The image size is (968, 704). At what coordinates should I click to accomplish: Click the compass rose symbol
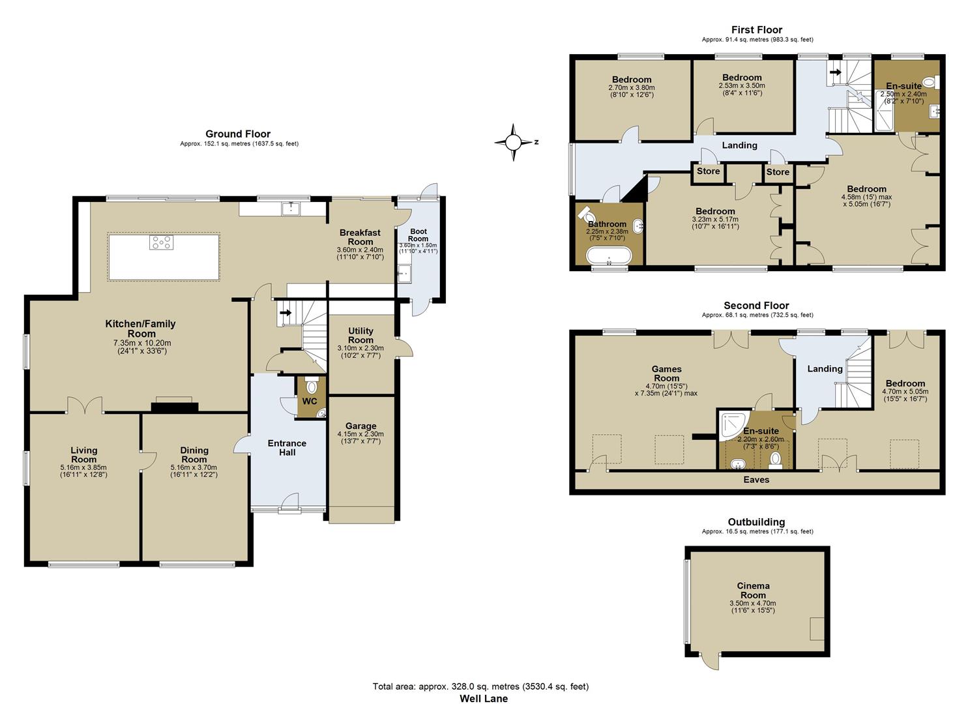coord(514,141)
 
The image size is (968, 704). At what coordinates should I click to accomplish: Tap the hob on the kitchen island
coord(162,242)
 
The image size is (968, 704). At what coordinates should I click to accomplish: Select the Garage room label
coord(360,426)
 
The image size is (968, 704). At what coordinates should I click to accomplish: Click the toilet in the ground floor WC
coord(311,387)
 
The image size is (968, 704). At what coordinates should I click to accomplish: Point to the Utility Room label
coord(360,335)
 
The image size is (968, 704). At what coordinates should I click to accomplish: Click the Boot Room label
coord(418,235)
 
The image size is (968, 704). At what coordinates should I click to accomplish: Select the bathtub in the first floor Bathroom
coord(608,257)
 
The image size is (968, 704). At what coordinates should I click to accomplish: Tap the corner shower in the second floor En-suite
coord(730,424)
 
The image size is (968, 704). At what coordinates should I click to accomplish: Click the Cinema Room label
coord(753,590)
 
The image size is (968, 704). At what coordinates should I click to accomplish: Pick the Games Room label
coord(666,374)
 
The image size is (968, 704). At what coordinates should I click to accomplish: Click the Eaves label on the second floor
coord(756,480)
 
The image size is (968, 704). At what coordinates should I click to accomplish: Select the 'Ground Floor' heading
coord(238,134)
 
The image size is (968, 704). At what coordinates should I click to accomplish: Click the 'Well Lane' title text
coord(483,698)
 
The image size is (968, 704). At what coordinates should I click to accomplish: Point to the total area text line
coord(480,686)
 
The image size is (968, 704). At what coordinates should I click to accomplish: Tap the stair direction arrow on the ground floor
coord(285,312)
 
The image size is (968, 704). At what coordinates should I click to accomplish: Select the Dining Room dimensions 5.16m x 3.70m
coord(194,467)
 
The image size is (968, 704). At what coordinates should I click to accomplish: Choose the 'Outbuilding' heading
coord(756,521)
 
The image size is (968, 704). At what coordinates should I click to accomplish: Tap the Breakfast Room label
coord(360,237)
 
